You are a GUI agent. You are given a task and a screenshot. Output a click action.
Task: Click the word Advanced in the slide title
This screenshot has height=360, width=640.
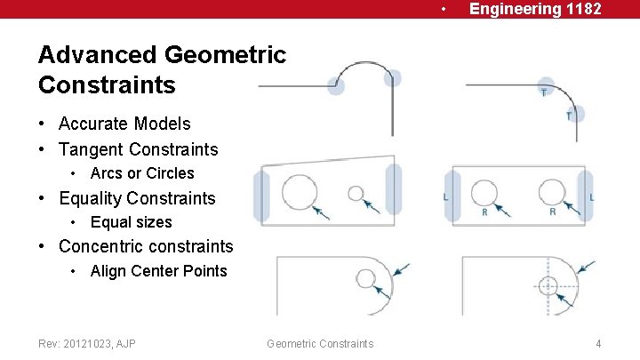[x=96, y=55]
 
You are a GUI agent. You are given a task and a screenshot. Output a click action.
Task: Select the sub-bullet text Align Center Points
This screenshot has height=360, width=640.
[x=159, y=271]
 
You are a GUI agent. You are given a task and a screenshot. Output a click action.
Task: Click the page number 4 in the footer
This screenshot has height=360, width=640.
[x=599, y=343]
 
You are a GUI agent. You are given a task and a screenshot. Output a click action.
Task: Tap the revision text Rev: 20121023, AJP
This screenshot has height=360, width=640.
[x=87, y=343]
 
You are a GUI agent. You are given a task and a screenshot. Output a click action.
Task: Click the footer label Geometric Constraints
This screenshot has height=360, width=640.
[x=320, y=343]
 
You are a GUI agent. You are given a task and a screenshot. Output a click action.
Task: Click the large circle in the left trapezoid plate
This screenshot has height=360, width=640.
[x=300, y=193]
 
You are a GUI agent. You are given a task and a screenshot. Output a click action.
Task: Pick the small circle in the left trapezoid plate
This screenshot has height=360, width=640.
[x=356, y=193]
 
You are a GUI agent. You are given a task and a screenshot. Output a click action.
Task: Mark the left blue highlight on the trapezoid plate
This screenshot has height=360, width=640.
[x=261, y=196]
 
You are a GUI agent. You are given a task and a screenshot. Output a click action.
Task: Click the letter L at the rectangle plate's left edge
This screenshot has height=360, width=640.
[x=446, y=197]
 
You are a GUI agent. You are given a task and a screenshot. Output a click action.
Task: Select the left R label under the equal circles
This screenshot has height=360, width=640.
[x=484, y=212]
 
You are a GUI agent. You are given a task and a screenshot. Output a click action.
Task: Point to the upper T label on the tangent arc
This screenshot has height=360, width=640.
[x=543, y=92]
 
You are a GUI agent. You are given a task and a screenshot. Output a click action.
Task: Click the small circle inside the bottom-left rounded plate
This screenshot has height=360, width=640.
[x=366, y=279]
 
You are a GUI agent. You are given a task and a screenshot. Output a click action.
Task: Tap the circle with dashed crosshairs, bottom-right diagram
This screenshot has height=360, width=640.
[x=548, y=285]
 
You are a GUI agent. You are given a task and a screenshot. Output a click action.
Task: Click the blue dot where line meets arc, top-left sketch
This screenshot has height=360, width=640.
[x=336, y=86]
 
